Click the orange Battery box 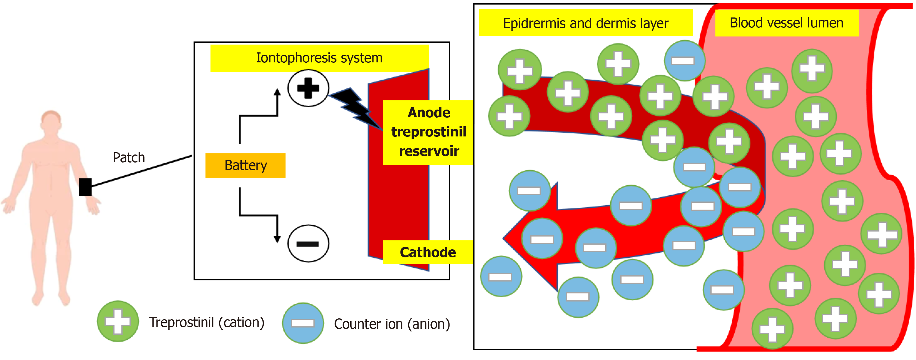(x=245, y=165)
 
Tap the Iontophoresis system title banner (x=319, y=58)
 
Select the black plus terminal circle (x=308, y=88)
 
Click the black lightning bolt (x=356, y=107)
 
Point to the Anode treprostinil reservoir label (x=428, y=132)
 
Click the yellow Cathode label (x=427, y=252)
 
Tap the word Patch (x=129, y=158)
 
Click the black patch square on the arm (x=85, y=187)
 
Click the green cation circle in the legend (x=118, y=321)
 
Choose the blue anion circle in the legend (x=303, y=323)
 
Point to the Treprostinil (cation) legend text (x=206, y=322)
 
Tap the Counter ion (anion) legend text (x=392, y=324)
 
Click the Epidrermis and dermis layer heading (x=585, y=23)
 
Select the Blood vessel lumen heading (x=786, y=23)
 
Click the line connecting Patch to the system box (x=142, y=171)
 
